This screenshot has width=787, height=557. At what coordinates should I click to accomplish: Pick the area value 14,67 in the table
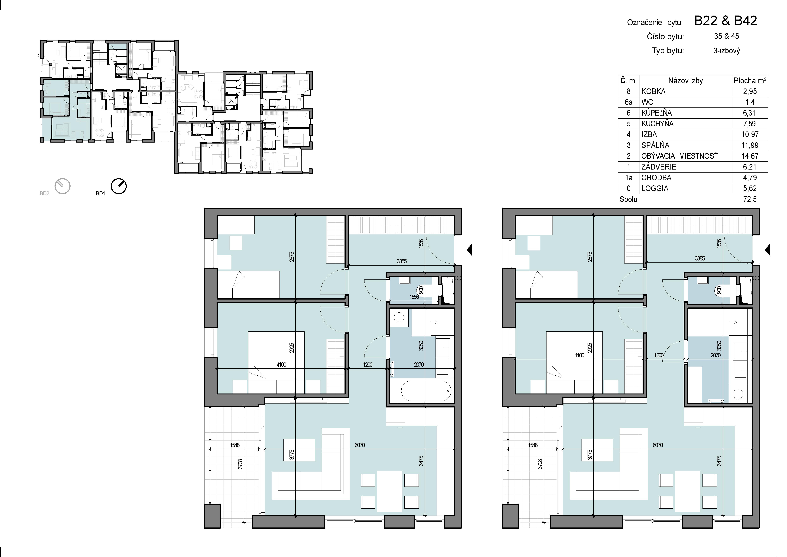[x=750, y=156]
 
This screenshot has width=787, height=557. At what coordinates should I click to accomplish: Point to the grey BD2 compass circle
[x=63, y=186]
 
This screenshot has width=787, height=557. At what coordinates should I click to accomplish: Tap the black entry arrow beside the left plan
[x=470, y=250]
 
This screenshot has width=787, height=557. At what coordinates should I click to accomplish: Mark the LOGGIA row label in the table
[x=655, y=188]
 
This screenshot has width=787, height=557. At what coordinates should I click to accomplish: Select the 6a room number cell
[x=629, y=102]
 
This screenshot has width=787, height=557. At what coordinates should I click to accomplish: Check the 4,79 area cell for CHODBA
[x=750, y=178]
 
